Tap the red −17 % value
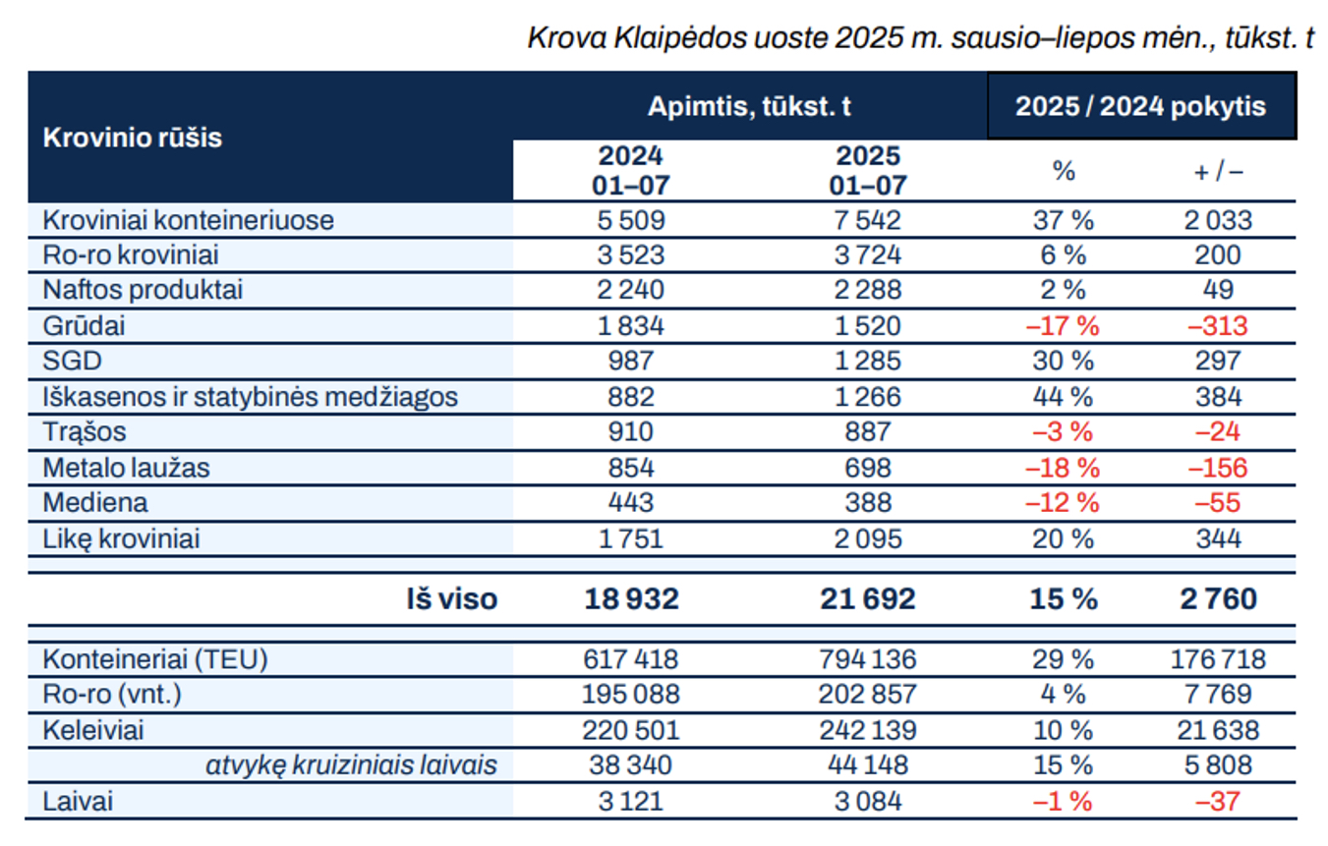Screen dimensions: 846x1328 (1062, 326)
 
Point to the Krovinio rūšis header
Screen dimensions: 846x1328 (133, 138)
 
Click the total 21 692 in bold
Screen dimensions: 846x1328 (868, 598)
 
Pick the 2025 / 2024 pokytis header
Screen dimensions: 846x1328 (1141, 106)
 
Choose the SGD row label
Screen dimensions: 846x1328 (72, 362)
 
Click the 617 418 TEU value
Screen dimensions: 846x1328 (630, 659)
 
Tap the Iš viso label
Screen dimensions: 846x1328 (453, 598)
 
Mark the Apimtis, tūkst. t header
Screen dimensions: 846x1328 (749, 106)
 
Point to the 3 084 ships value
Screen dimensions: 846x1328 (868, 801)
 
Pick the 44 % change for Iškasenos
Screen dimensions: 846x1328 (1062, 397)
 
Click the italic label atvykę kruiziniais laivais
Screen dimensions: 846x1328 (351, 765)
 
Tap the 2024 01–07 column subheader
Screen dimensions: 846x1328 (630, 171)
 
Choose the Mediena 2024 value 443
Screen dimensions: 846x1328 (630, 503)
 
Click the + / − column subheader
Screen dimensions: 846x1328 (1218, 171)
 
